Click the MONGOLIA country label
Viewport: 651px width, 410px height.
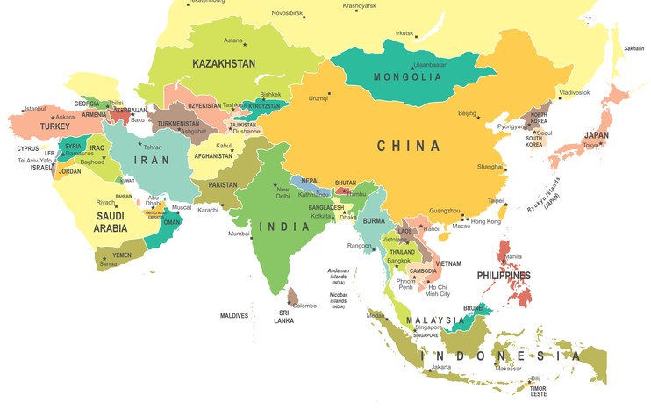click(x=407, y=77)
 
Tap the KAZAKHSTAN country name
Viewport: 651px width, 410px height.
click(x=224, y=63)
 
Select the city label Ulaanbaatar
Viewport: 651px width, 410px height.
click(x=430, y=64)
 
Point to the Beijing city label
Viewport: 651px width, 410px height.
click(x=468, y=113)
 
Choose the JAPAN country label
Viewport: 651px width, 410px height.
click(x=597, y=135)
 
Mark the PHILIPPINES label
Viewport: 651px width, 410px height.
click(x=504, y=276)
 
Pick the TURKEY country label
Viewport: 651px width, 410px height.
click(x=54, y=126)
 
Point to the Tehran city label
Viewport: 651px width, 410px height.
click(x=153, y=147)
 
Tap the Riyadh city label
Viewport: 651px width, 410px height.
click(x=105, y=203)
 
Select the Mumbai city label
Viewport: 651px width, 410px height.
click(x=239, y=234)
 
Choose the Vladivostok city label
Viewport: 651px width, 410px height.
click(x=575, y=92)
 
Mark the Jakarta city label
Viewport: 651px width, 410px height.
click(x=440, y=367)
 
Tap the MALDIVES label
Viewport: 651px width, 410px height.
click(x=234, y=315)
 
